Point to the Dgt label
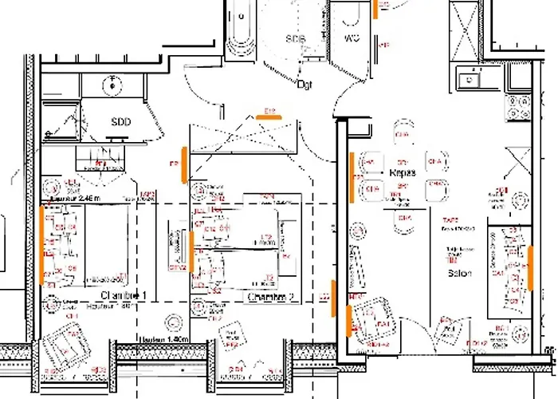click(x=305, y=83)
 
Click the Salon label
click(x=459, y=273)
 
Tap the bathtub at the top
click(x=240, y=28)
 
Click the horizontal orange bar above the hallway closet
click(x=269, y=117)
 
